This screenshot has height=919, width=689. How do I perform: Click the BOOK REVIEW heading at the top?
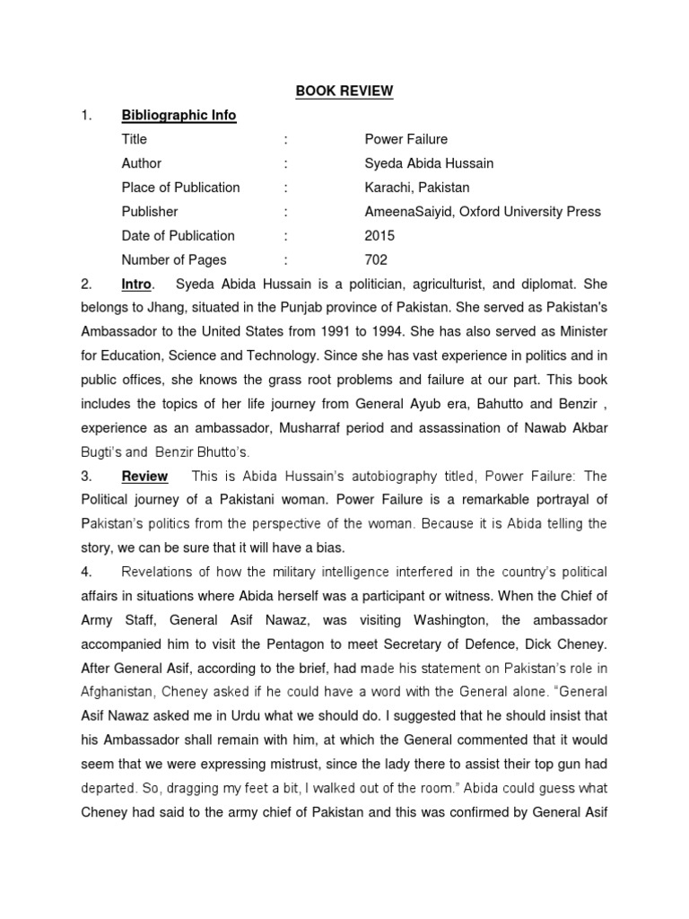pos(344,91)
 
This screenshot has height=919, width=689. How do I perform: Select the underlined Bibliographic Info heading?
pos(179,115)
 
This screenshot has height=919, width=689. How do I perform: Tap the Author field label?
pos(142,163)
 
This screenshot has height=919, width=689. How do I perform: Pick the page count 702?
pos(376,260)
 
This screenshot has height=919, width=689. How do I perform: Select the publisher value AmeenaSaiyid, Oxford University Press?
pos(482,212)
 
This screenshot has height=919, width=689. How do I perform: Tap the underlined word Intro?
pos(136,284)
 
